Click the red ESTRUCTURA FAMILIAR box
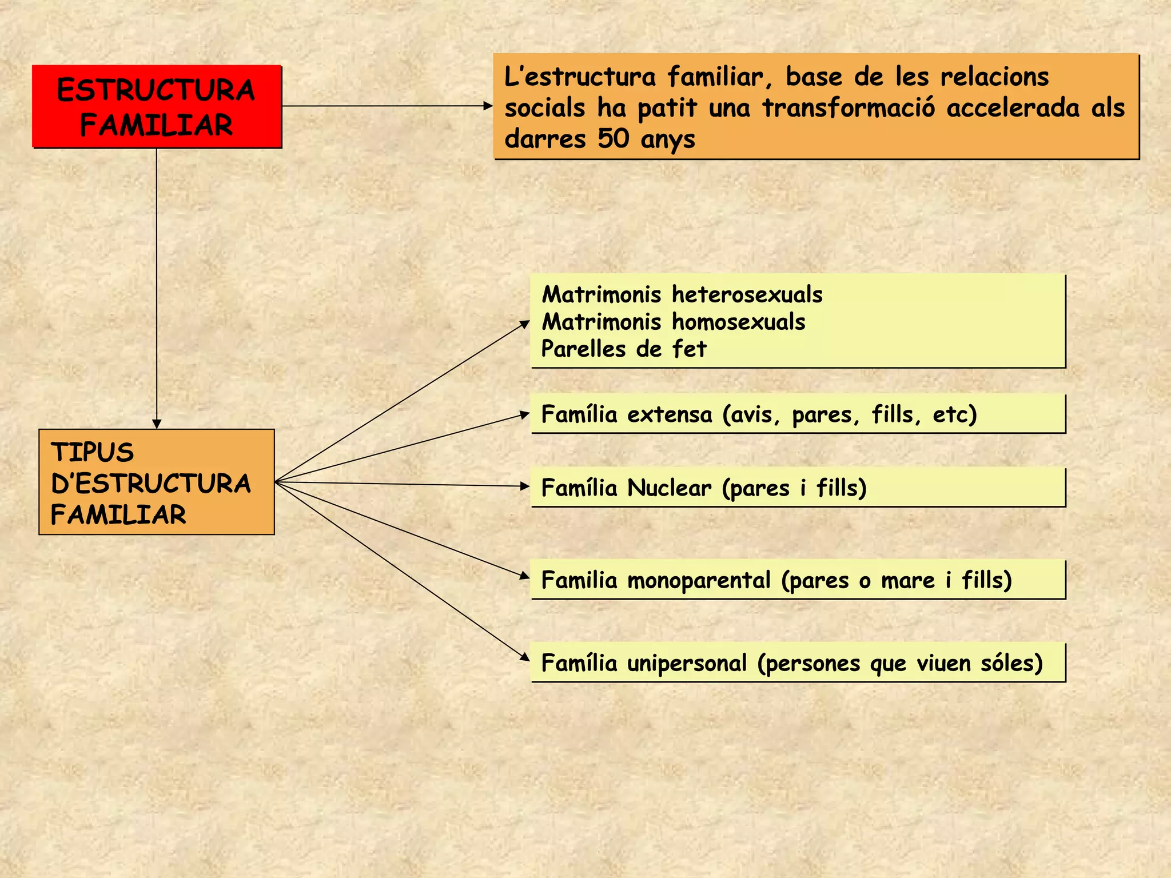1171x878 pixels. click(156, 107)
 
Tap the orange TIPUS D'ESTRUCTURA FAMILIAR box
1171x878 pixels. click(156, 482)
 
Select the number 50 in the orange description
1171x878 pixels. click(614, 138)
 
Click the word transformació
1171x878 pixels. click(849, 108)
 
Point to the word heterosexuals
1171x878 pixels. click(747, 294)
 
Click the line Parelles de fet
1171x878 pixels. click(624, 349)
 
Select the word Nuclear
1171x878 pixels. click(669, 488)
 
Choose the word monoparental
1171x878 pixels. click(699, 580)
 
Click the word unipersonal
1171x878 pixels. click(687, 663)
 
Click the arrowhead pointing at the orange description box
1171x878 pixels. click(488, 106)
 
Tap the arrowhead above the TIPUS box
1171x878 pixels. click(157, 424)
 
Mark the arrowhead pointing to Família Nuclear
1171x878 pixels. click(525, 486)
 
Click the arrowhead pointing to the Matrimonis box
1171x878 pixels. click(525, 324)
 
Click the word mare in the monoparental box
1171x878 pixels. click(907, 580)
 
